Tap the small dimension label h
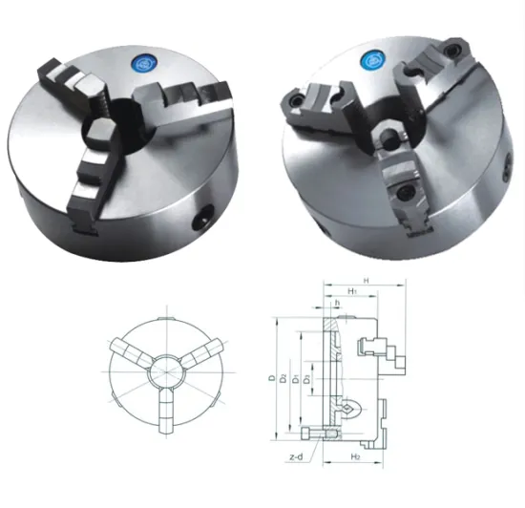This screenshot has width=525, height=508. [x=336, y=304]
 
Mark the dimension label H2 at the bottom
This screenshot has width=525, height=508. [x=352, y=458]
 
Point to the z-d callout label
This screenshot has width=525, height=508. [x=297, y=457]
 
